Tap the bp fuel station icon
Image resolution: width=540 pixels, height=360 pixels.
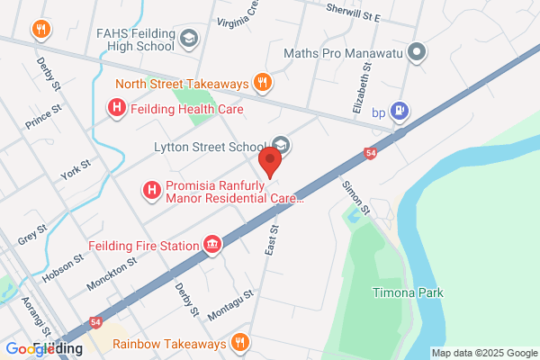(401, 112)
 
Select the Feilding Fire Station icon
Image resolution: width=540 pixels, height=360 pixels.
(213, 244)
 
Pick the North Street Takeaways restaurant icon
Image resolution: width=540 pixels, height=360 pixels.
(262, 83)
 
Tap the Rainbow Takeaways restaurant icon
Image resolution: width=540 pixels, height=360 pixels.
(239, 342)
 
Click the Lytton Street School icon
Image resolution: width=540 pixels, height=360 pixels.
(281, 146)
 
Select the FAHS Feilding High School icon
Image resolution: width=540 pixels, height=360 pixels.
(189, 38)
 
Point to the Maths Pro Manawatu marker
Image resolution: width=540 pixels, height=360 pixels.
(417, 52)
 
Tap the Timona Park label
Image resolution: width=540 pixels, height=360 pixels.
(408, 292)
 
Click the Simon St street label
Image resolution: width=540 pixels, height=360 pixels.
(355, 197)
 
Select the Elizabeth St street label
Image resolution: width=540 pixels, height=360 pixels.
(362, 92)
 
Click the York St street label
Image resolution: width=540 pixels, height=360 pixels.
(74, 170)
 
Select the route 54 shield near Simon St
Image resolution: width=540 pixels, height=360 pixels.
(371, 154)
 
